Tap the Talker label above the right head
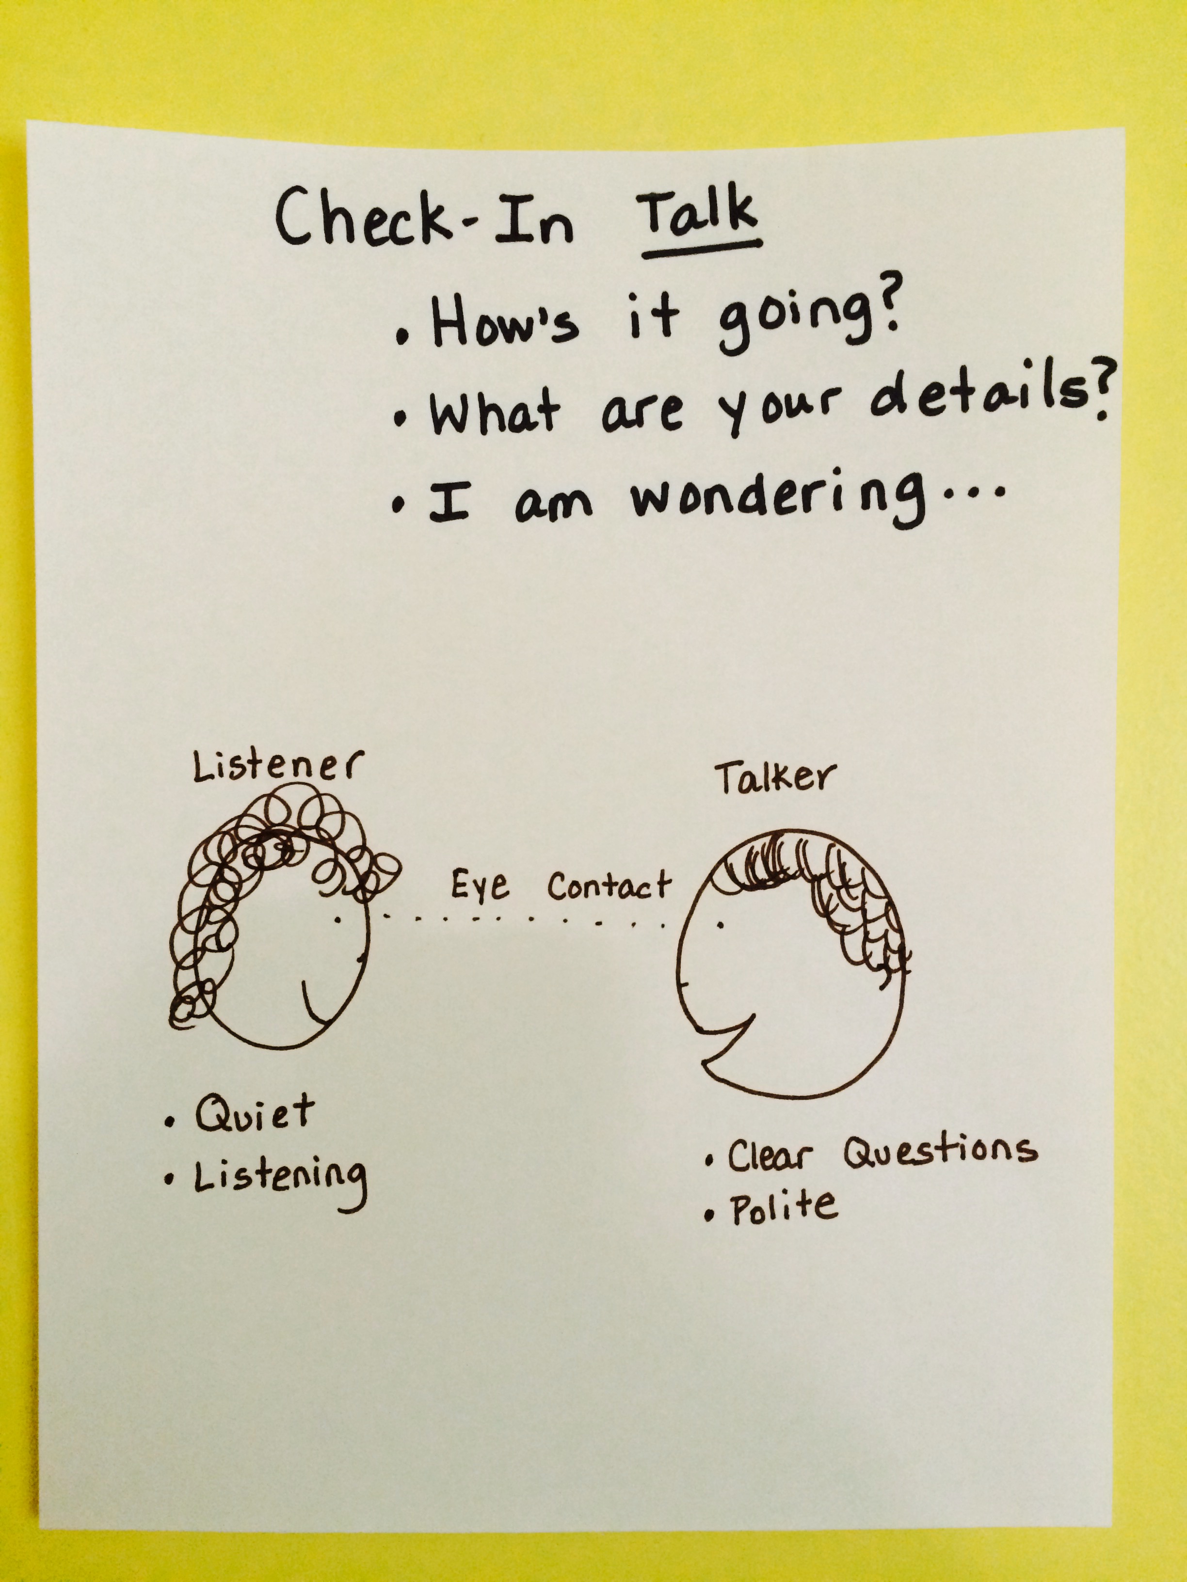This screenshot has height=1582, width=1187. coord(774,777)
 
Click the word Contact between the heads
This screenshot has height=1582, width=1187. coord(610,886)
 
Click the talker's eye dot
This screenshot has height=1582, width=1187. coord(721,926)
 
